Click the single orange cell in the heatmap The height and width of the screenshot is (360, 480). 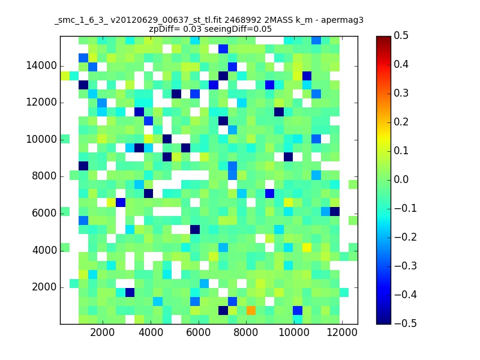(251, 310)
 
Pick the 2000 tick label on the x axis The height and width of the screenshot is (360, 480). (102, 332)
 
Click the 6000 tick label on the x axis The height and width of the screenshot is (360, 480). (199, 332)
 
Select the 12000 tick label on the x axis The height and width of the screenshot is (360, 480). (342, 332)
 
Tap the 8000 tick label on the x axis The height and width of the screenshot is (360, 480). (246, 332)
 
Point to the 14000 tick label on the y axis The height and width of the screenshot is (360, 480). (41, 66)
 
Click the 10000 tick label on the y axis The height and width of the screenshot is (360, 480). (41, 140)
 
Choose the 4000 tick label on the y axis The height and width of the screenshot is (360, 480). (44, 250)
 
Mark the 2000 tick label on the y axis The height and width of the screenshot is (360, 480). (44, 287)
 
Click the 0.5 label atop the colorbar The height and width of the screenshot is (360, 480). (401, 36)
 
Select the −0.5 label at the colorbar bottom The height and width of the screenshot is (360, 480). (406, 323)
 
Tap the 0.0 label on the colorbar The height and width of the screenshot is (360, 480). (401, 179)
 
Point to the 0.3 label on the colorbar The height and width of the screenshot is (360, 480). (401, 94)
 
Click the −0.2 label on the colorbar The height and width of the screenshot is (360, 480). (406, 237)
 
